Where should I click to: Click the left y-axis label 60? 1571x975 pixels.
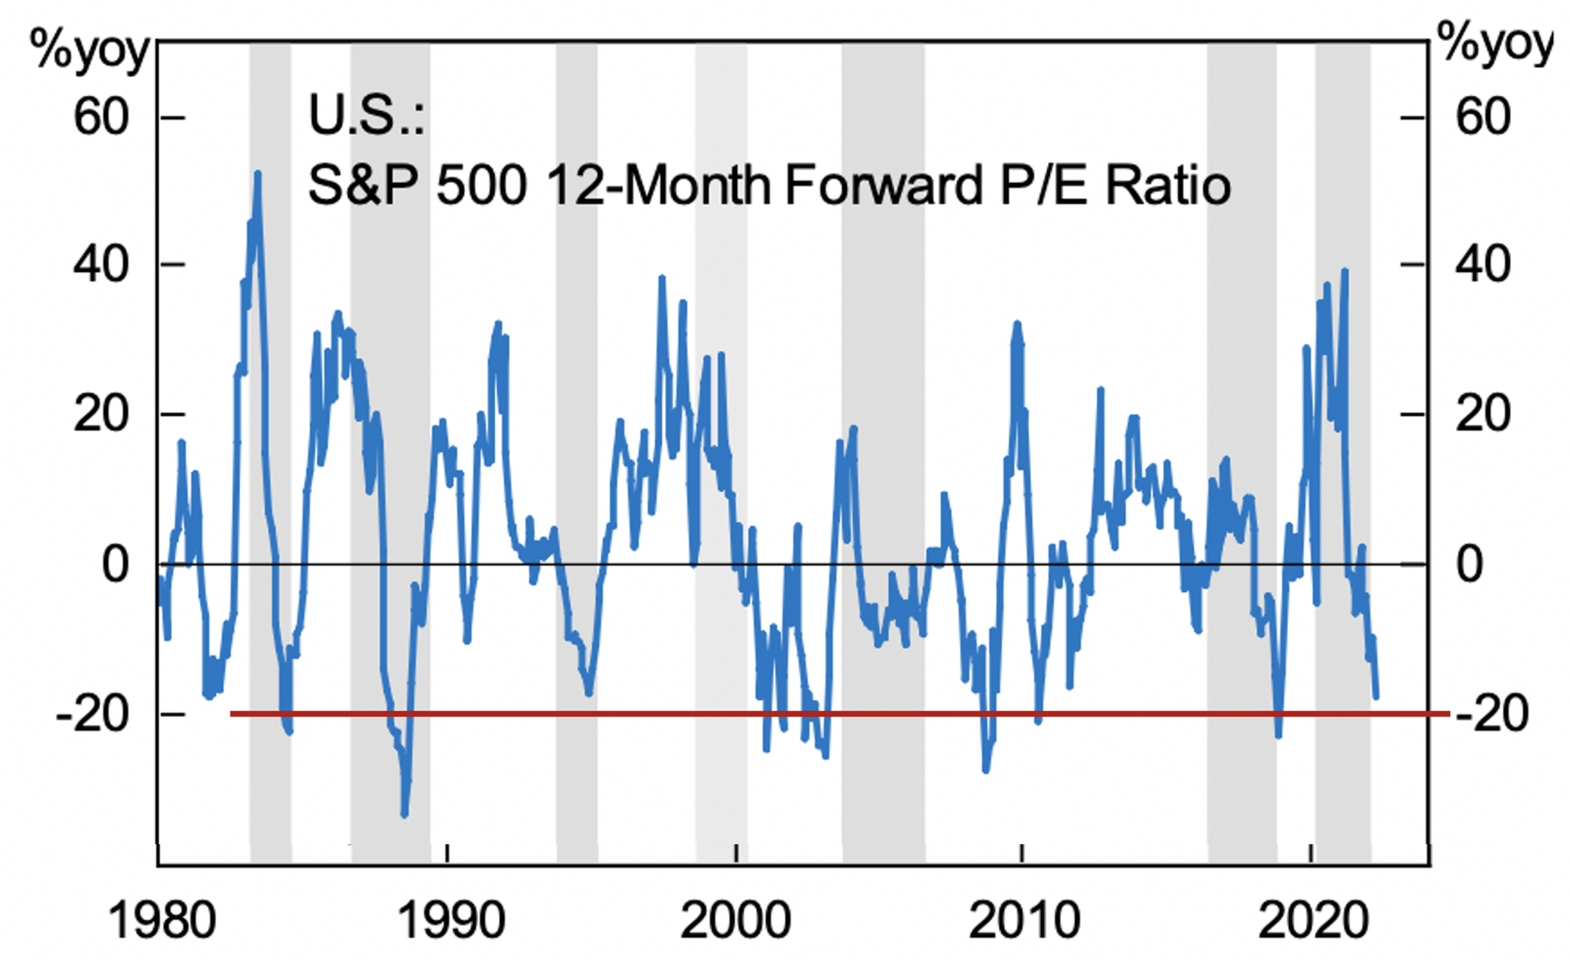[101, 117]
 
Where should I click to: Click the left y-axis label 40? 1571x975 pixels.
[101, 265]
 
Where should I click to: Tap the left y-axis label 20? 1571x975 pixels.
[101, 414]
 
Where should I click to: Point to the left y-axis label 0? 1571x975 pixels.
[115, 564]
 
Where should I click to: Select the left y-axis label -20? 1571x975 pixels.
[92, 714]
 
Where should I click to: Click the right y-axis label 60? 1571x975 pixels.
[1483, 117]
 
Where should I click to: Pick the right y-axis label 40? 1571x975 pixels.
[1483, 265]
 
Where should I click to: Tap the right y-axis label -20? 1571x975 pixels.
[1492, 714]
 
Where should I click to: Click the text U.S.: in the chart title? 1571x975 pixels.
[366, 116]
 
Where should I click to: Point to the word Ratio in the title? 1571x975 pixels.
[1168, 185]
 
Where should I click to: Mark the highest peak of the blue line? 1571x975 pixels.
[258, 173]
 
